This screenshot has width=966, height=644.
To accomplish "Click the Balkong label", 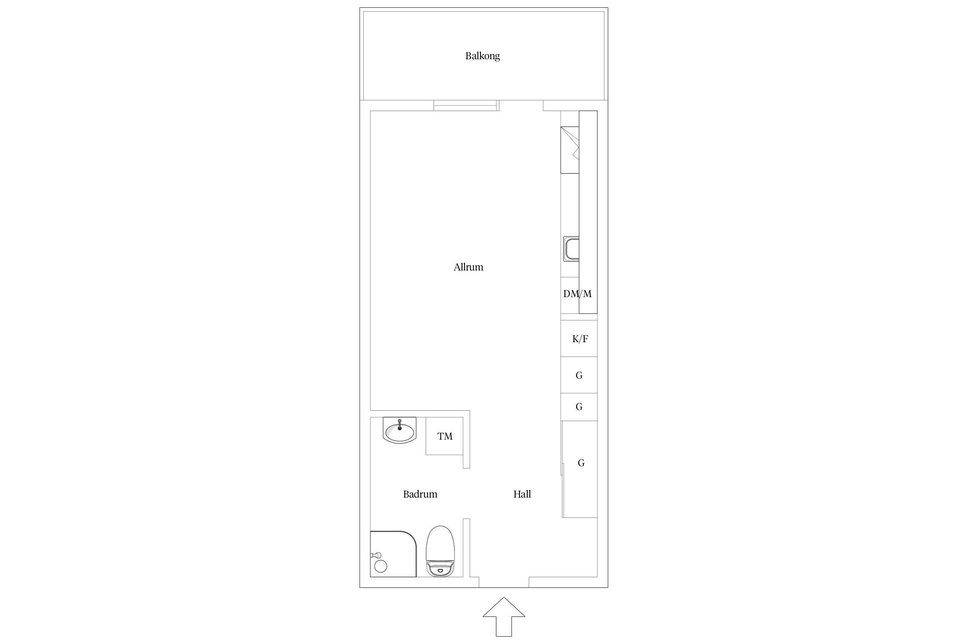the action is (x=483, y=56).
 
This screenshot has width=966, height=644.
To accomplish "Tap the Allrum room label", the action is (x=468, y=267).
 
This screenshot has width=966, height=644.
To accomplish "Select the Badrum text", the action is (x=420, y=494).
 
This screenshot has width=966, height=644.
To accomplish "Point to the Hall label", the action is (x=522, y=494).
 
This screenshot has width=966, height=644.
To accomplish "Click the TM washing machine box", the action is (x=444, y=436).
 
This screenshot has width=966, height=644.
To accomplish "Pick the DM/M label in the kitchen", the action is (x=577, y=294).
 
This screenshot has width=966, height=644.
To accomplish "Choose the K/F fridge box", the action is (x=579, y=338).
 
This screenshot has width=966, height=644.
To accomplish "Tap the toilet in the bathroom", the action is (x=440, y=551).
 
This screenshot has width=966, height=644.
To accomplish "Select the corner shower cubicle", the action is (x=393, y=554).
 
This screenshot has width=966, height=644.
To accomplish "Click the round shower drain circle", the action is (x=381, y=566).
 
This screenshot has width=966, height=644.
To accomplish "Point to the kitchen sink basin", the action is (x=571, y=249).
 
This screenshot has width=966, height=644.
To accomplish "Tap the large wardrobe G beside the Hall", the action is (x=580, y=469).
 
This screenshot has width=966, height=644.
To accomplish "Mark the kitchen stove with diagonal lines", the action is (x=570, y=150).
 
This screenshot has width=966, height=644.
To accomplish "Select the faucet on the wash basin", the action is (x=400, y=425).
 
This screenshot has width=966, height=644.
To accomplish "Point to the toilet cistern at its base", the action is (x=440, y=569).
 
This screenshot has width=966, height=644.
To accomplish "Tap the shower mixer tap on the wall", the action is (x=375, y=555).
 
